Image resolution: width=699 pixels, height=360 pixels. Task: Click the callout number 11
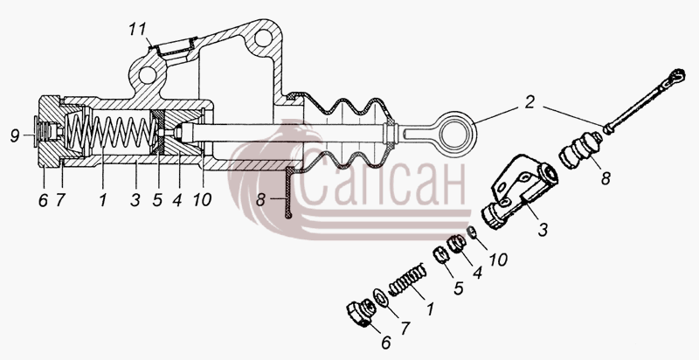coord(137,30)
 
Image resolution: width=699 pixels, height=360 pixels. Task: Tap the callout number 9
coord(15,135)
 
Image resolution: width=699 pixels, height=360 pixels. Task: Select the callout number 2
coord(529,103)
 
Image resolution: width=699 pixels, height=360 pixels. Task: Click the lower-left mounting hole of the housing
coord(148,75)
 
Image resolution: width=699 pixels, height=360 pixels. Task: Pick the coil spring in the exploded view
coord(407,280)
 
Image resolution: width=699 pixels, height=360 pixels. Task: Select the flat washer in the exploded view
coord(381,297)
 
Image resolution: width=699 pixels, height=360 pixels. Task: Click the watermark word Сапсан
coord(383,183)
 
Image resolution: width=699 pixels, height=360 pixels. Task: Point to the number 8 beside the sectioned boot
coord(260,199)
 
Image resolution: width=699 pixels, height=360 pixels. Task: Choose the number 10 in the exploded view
coord(497,260)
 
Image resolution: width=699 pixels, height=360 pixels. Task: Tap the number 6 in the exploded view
coord(386,343)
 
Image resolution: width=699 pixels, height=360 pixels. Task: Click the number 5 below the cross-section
coord(157,200)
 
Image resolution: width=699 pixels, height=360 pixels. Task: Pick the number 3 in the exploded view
coord(543,230)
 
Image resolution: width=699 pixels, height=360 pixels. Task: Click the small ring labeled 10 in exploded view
coord(472,232)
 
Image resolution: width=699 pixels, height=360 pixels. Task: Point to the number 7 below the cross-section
coord(60,200)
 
